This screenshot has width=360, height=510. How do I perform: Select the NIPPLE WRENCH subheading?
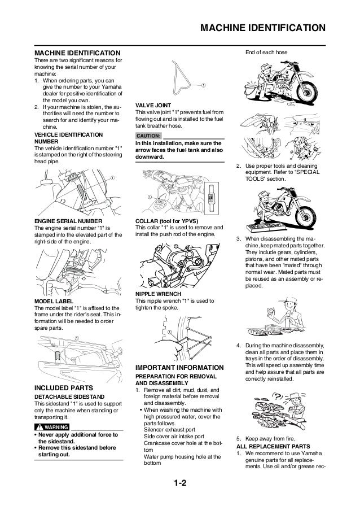point(158,294)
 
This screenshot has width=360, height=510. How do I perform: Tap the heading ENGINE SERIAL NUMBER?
point(68,221)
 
